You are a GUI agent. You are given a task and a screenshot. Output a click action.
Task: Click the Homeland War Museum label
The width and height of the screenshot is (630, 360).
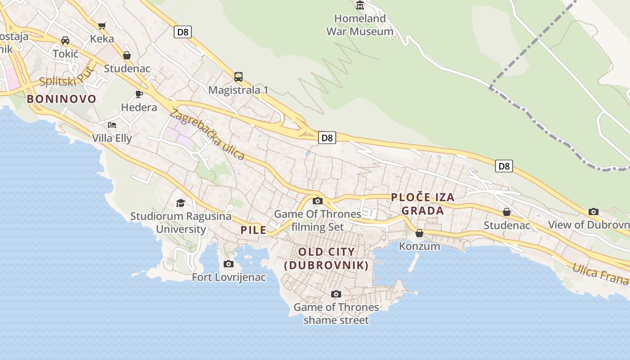point(360,25)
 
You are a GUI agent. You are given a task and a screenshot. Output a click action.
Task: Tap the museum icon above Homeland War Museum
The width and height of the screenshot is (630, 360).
point(360,5)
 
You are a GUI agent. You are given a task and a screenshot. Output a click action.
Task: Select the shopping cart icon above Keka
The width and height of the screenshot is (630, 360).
point(102,26)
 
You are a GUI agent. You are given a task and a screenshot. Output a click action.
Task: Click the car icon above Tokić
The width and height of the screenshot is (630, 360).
point(65,40)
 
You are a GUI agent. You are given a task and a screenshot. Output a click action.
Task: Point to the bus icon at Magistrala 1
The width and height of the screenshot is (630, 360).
point(238,76)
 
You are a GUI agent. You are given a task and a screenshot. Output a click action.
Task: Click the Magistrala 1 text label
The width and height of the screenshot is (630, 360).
point(238,90)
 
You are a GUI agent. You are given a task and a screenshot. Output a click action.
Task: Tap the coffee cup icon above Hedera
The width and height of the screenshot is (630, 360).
point(139,94)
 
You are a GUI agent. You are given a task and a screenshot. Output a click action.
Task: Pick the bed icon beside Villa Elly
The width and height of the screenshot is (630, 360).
point(112,125)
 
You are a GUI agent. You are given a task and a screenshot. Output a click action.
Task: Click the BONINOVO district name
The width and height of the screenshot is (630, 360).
point(62,99)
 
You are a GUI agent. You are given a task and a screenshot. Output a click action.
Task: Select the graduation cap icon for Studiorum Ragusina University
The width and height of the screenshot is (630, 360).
point(180,203)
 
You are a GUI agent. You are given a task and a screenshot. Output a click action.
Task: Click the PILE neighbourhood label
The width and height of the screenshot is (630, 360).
point(253,230)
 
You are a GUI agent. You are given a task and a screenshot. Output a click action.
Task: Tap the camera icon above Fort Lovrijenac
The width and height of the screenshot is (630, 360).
point(229,264)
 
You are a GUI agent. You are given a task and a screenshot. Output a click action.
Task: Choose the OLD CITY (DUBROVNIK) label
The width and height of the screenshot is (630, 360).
point(327,259)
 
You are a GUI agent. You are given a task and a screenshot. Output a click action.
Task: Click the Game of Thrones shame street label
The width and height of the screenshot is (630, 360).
point(336,314)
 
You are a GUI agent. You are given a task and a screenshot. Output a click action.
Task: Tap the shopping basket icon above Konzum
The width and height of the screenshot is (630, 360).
point(419,233)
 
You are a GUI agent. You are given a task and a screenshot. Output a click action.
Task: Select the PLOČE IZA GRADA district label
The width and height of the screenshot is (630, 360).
point(423,204)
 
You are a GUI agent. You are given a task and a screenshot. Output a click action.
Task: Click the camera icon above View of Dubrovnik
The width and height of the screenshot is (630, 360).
point(593,211)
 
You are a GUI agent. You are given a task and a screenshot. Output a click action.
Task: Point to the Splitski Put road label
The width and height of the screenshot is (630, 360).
point(66,77)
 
